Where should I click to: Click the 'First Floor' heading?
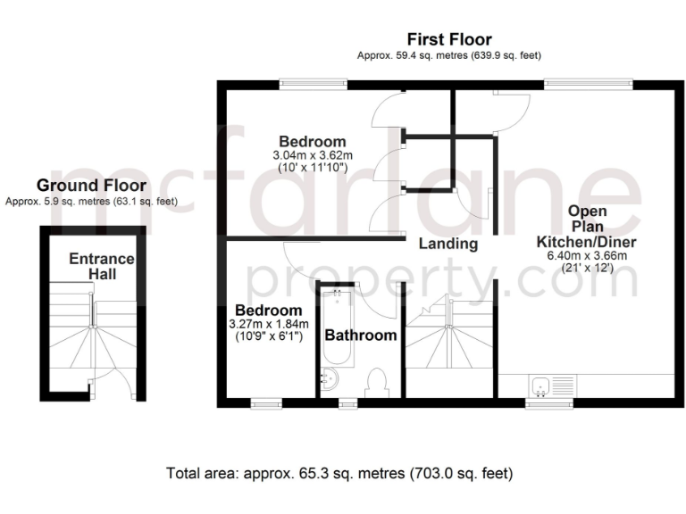[x=449, y=39]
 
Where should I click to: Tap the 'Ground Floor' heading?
[x=91, y=186]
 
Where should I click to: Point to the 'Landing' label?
[x=448, y=244]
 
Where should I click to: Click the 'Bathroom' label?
[x=360, y=336]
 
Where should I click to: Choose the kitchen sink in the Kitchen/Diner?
[x=540, y=386]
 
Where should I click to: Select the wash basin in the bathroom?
[x=329, y=380]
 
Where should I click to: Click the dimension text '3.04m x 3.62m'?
[x=312, y=155]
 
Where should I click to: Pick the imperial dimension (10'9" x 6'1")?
[x=268, y=336]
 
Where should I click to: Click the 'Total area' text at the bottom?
[x=339, y=472]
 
